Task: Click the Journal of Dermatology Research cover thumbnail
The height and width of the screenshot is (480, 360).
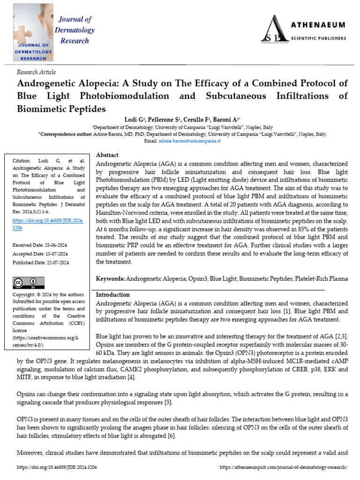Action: coord(33,32)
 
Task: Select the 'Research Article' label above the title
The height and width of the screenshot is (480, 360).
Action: coord(36,72)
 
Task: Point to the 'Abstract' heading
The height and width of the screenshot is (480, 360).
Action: coord(107,155)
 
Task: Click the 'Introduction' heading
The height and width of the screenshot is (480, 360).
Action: coord(113,295)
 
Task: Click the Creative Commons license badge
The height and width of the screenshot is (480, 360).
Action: coord(29,283)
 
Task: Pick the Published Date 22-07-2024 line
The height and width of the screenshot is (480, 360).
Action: coord(41,262)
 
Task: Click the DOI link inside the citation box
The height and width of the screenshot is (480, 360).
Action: coord(47,224)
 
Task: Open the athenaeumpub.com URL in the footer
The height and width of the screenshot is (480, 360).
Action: coord(283,467)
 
